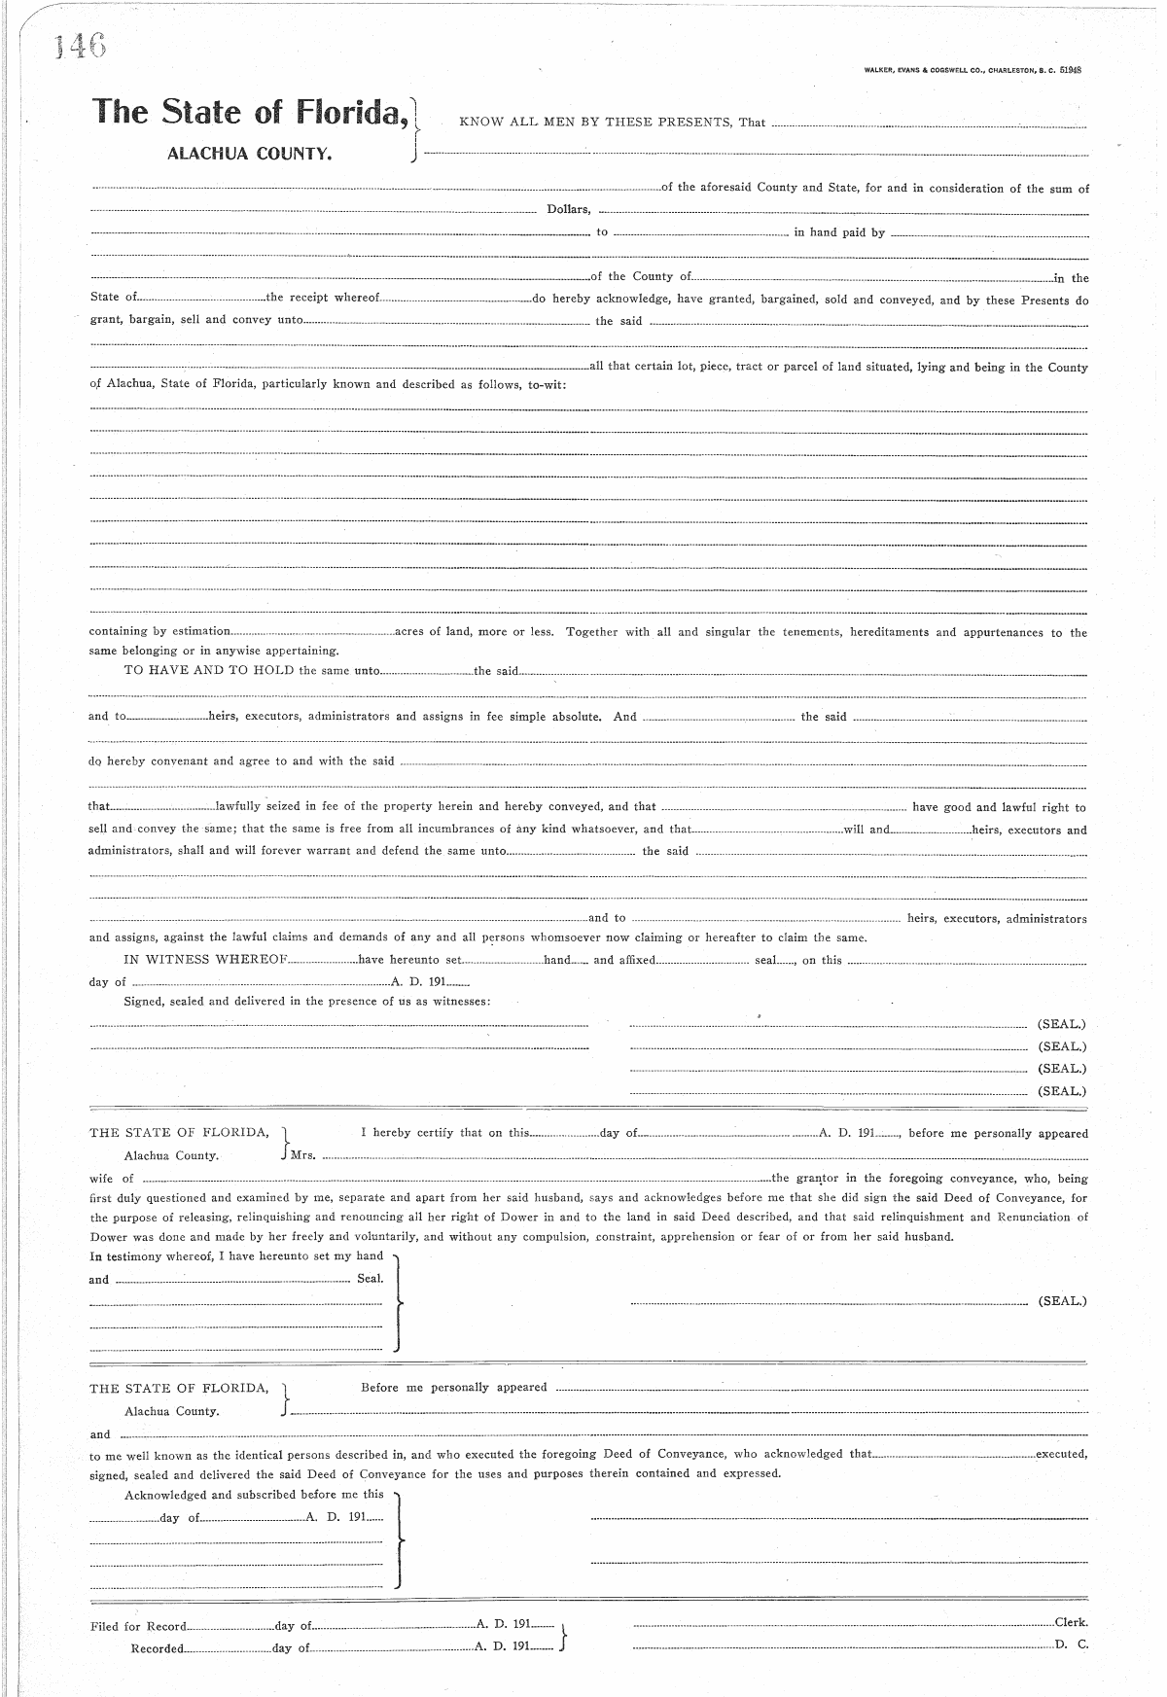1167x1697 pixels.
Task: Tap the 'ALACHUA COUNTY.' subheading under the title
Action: [x=250, y=154]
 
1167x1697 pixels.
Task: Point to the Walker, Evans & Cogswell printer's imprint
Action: [x=972, y=70]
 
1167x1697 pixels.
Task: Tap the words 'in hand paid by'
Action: [x=839, y=232]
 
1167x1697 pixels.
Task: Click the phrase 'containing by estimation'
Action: [x=159, y=632]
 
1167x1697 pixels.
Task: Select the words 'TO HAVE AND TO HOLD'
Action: [x=209, y=670]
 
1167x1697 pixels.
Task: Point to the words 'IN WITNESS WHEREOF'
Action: [x=205, y=960]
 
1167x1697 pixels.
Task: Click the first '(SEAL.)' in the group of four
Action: [x=1062, y=1024]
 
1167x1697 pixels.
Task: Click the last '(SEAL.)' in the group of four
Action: [x=1062, y=1091]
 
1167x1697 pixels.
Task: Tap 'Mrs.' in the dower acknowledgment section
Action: [x=302, y=1155]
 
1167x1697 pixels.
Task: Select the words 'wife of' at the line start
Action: [x=112, y=1178]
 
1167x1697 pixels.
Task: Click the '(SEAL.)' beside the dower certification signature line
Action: [x=1062, y=1300]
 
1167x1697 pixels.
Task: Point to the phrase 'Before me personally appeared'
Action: [x=453, y=1387]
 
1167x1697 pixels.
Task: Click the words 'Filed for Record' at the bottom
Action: [x=136, y=1626]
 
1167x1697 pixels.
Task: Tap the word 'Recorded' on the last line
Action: [x=157, y=1648]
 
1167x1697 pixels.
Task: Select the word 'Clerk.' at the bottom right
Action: [x=1071, y=1622]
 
